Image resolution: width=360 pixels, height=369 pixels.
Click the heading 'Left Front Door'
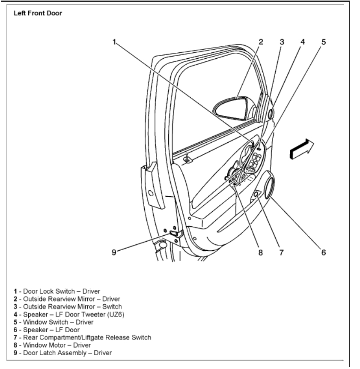click(x=38, y=13)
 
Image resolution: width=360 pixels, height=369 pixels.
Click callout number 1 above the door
click(x=114, y=42)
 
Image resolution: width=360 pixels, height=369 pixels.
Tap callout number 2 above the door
click(x=260, y=42)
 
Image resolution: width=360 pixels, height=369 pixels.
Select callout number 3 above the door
click(x=282, y=42)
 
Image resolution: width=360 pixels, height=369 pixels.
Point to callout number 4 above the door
click(x=302, y=42)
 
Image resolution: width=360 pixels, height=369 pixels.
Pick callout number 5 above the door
click(x=324, y=42)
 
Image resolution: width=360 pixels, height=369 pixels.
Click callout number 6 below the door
click(x=324, y=252)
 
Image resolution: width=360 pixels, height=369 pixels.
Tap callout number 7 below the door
click(x=281, y=252)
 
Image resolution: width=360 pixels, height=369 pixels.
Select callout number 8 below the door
click(x=260, y=252)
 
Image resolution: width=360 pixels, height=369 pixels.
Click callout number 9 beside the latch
click(x=114, y=252)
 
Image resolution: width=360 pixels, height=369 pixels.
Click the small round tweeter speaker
click(x=271, y=114)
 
